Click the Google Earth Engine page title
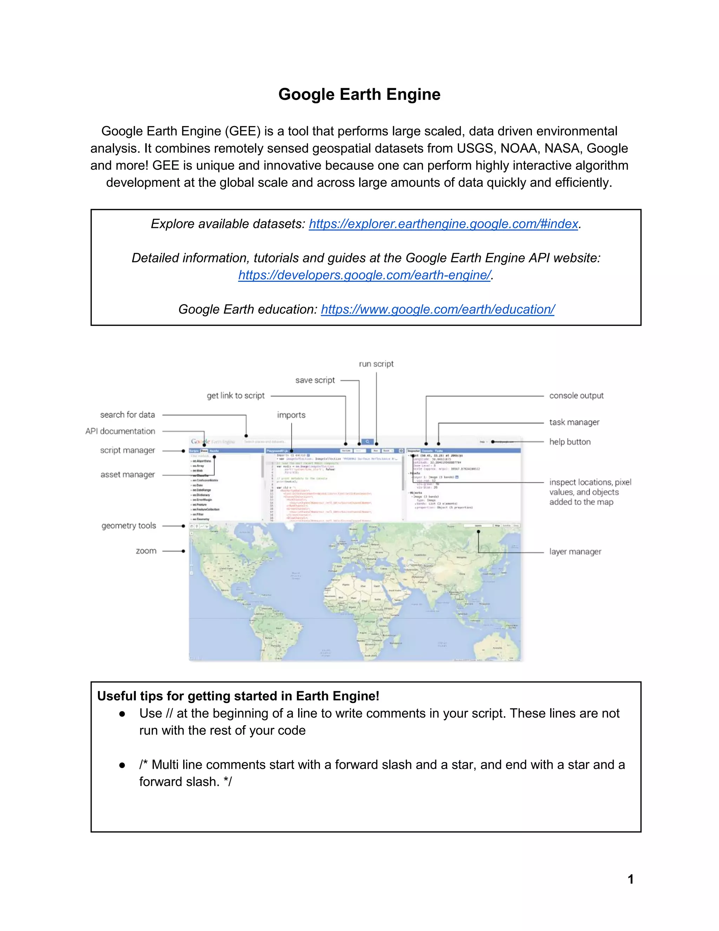click(359, 94)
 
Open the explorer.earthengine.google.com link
click(443, 224)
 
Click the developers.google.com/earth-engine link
click(364, 275)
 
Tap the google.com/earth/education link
click(437, 309)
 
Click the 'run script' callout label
click(376, 364)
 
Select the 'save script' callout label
click(315, 380)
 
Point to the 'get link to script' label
click(236, 396)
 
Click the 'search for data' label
click(127, 415)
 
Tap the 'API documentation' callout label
click(120, 431)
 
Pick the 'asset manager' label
click(127, 474)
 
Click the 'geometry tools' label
click(128, 526)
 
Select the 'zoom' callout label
click(146, 551)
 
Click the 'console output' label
click(576, 396)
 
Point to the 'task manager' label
click(574, 422)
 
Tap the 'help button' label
click(569, 442)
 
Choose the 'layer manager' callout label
click(575, 552)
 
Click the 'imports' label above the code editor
click(291, 415)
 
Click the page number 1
click(631, 879)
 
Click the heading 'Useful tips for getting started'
click(238, 696)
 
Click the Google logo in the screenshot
click(200, 442)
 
